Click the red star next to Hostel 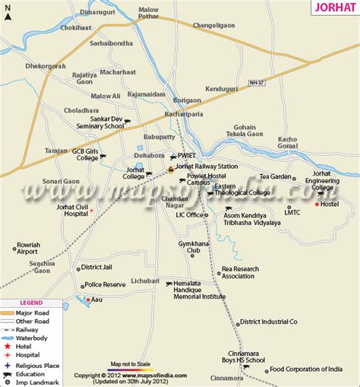click(x=317, y=205)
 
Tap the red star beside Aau click(x=87, y=300)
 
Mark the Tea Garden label click(x=276, y=176)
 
